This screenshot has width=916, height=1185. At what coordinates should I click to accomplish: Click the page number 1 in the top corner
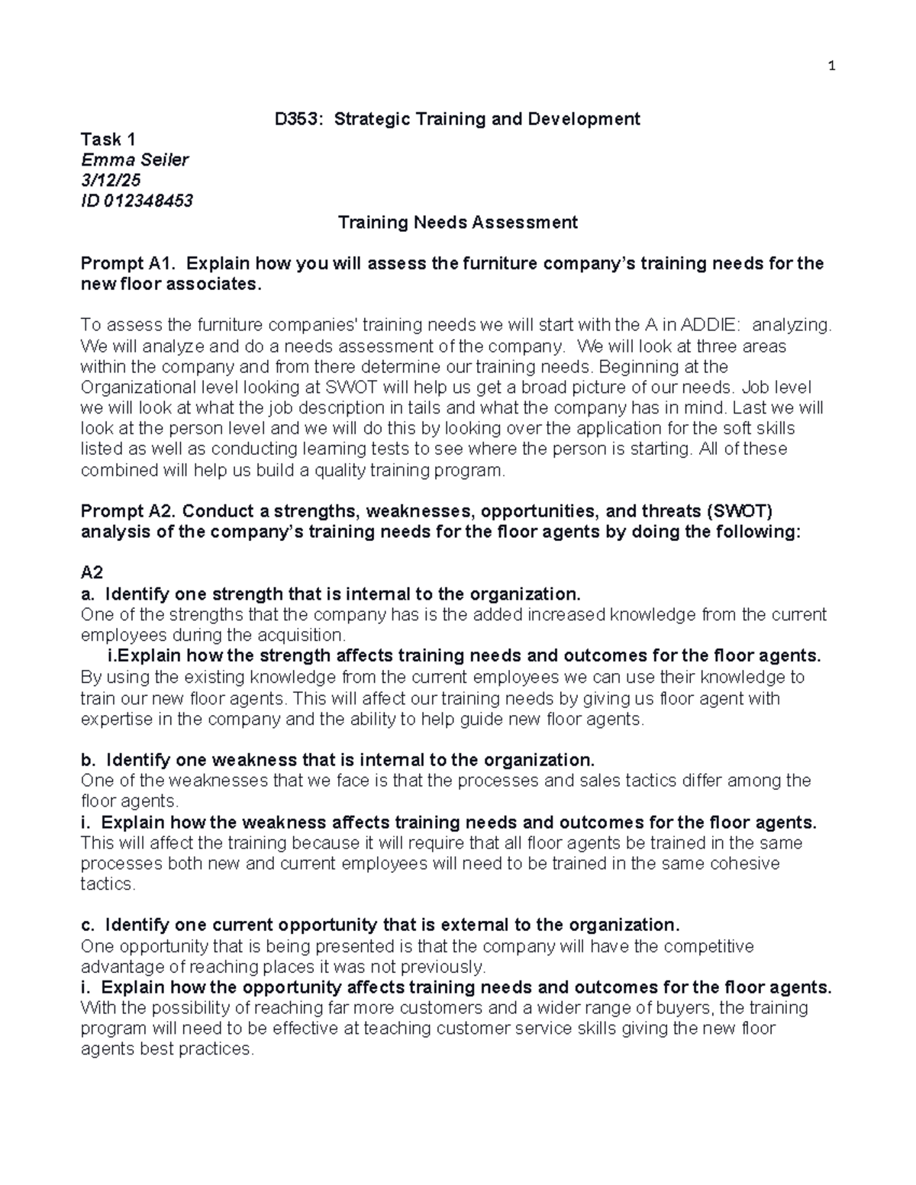[832, 66]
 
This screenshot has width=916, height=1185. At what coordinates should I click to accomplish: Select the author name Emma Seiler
[134, 160]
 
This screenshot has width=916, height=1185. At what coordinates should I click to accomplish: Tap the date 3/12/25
[111, 181]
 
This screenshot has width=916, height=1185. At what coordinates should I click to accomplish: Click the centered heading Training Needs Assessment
[457, 223]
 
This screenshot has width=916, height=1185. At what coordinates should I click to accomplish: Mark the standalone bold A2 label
[92, 573]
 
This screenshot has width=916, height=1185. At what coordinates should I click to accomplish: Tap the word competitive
[707, 947]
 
